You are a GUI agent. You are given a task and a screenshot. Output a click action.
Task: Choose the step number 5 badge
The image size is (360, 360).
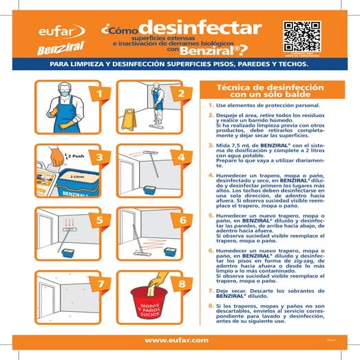point(99,220)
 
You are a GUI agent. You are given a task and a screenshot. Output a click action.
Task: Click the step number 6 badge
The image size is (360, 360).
point(181,220)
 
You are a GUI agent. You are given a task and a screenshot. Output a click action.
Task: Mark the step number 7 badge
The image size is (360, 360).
point(99,284)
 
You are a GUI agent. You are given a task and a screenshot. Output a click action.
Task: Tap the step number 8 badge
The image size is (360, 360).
point(181,284)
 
